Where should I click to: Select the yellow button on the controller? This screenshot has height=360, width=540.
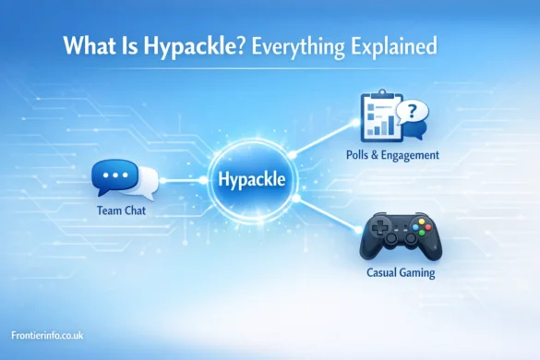click(x=416, y=221)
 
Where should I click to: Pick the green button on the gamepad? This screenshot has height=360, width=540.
click(x=417, y=234)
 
